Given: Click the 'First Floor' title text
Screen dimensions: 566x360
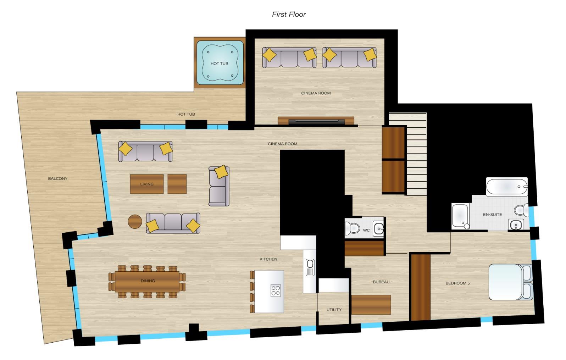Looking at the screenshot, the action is (289, 15).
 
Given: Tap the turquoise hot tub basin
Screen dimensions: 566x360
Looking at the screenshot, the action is (220, 63).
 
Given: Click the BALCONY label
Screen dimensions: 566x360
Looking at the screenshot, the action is (58, 179).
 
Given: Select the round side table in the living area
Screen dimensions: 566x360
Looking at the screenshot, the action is (135, 222).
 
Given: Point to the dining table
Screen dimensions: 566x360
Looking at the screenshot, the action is (147, 282).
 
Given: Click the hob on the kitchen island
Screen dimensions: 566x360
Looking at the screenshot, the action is (276, 290).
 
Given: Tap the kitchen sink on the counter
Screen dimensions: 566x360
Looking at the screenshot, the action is (310, 267).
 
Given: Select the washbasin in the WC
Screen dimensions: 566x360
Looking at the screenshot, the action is (378, 229).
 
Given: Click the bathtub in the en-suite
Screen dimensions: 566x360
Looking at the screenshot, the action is (507, 187).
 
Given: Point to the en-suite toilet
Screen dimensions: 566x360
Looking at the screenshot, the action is (521, 210).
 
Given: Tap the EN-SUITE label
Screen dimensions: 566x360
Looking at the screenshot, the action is (493, 215).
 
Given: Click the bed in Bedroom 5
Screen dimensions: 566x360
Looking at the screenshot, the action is (511, 282).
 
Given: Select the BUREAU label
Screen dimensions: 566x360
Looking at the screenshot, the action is (381, 282).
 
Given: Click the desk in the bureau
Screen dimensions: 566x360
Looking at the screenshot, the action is (371, 305).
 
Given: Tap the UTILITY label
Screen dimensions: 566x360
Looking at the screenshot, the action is (334, 310).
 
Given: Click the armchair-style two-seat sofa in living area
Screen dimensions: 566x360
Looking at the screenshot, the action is (219, 186).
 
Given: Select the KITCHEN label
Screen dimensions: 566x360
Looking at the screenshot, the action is (268, 259).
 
